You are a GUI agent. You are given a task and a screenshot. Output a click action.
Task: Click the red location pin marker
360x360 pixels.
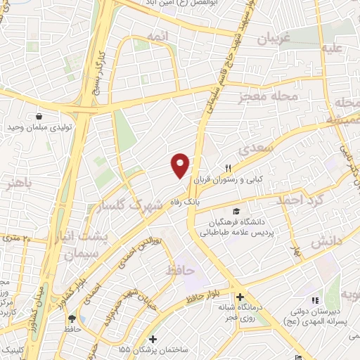tap(181, 165)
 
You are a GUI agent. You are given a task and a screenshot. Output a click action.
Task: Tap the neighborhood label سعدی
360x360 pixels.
tap(254, 150)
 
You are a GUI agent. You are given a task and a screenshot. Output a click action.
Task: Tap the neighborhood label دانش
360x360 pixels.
tap(326, 241)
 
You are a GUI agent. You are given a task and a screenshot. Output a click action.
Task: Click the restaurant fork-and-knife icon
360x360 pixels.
tap(229, 167)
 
